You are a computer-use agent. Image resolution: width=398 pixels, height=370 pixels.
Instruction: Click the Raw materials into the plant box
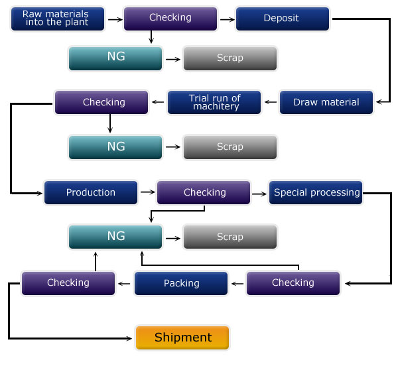58,19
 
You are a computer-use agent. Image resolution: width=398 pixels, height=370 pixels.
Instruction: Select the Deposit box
281,19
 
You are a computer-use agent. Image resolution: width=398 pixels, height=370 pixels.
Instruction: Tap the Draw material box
326,102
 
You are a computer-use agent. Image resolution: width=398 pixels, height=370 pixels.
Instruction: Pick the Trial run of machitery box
214,102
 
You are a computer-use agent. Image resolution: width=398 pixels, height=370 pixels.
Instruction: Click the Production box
91,192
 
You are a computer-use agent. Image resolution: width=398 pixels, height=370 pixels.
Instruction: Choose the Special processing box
316,192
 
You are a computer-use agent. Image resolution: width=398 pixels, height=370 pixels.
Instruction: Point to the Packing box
181,283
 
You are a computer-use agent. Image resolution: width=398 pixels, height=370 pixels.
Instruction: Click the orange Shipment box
182,338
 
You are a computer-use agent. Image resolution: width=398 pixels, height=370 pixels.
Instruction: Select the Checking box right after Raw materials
170,19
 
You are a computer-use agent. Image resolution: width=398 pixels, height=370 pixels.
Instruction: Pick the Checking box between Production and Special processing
204,192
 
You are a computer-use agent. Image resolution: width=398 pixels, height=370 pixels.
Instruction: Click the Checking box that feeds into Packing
293,283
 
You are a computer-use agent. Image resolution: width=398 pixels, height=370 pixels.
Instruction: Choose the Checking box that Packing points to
68,283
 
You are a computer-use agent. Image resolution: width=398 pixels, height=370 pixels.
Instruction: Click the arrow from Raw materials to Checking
114,19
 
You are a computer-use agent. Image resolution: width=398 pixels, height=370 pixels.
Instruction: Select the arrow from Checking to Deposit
226,19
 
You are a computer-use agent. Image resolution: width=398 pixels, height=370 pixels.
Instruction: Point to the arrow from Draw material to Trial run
271,102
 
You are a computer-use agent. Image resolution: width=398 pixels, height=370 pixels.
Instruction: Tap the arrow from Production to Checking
147,192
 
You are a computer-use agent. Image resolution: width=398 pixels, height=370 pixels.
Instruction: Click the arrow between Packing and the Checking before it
237,283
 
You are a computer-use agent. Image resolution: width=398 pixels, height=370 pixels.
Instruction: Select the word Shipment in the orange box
182,338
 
